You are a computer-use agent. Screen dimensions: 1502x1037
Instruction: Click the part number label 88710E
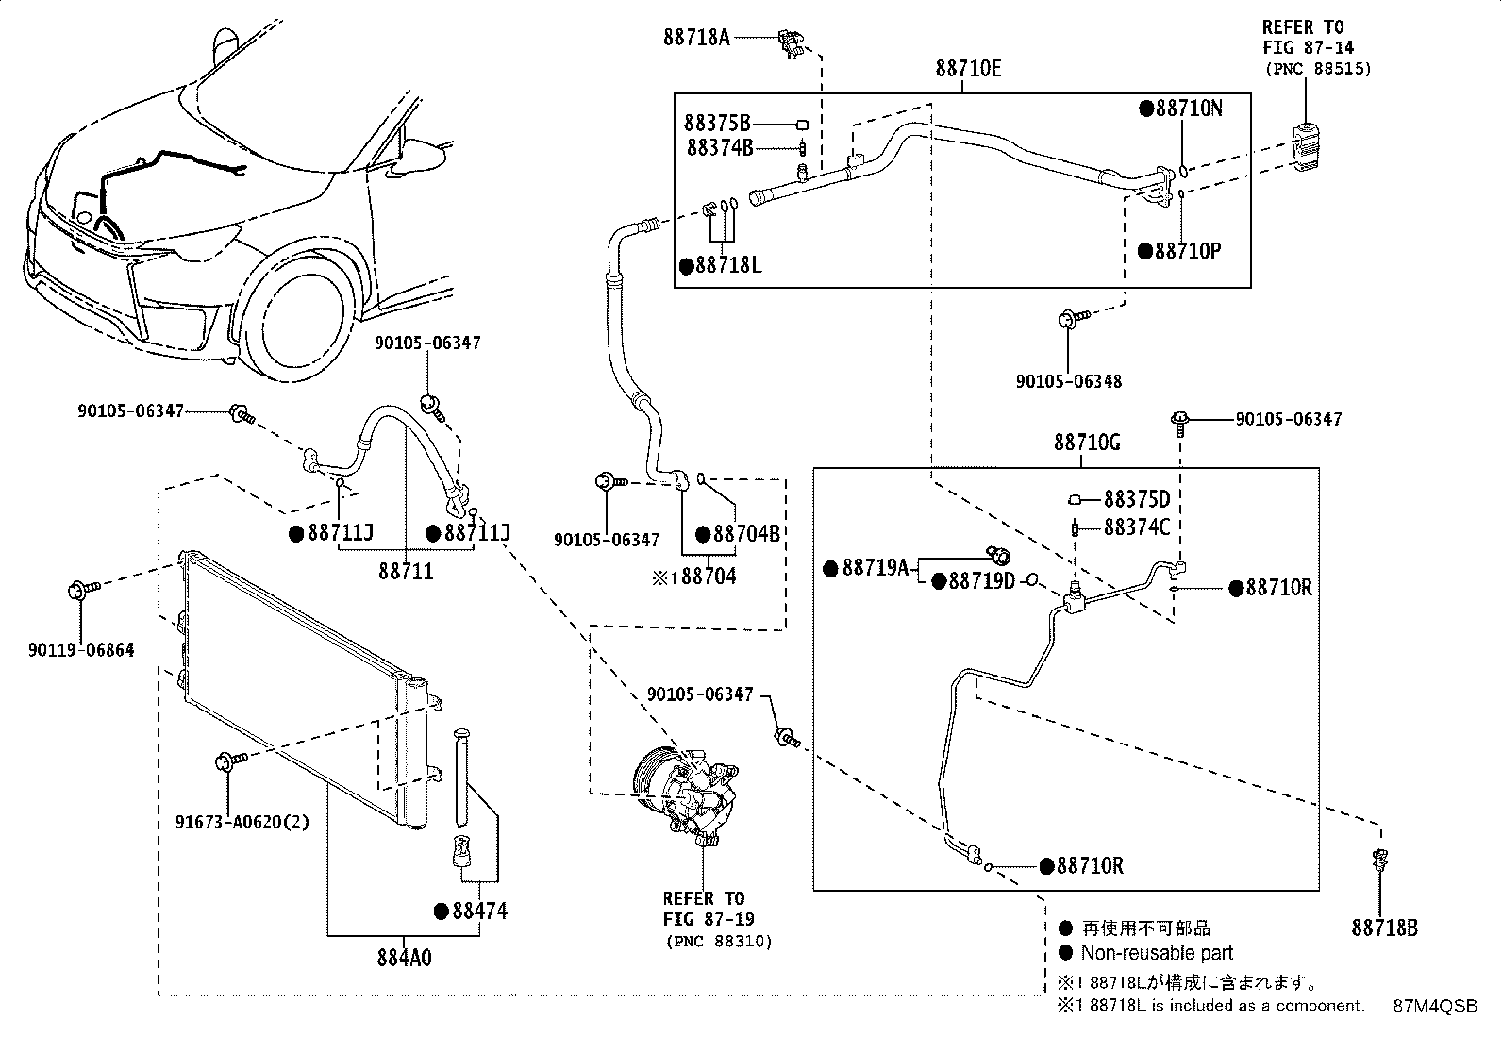click(x=968, y=69)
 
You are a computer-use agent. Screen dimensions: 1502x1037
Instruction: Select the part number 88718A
click(x=696, y=37)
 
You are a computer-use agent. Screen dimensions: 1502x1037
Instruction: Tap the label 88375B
click(x=717, y=124)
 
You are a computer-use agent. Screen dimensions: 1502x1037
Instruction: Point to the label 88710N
click(x=1189, y=109)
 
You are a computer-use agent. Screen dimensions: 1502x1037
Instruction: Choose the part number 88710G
click(x=1087, y=443)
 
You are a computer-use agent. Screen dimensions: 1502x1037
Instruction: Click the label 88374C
click(x=1137, y=527)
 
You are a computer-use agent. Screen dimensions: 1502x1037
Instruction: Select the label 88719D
click(x=981, y=581)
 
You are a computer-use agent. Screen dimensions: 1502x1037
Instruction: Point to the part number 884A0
click(x=404, y=958)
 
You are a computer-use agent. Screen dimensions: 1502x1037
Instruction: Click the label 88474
click(x=479, y=911)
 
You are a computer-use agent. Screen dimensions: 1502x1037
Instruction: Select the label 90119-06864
click(x=81, y=650)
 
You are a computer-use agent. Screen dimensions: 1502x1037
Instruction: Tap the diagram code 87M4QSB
click(x=1435, y=1006)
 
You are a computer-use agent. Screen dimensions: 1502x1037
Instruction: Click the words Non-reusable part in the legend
click(x=1157, y=953)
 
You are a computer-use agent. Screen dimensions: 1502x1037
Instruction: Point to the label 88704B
click(x=746, y=534)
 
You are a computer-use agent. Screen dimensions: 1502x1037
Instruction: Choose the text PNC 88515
click(x=1318, y=69)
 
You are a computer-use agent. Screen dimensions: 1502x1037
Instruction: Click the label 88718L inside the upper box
click(x=728, y=266)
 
